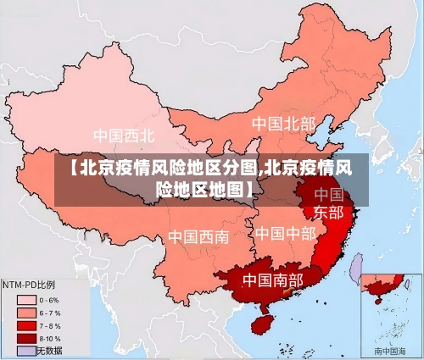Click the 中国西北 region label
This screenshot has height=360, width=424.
(124, 135)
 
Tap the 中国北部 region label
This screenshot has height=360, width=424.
(283, 124)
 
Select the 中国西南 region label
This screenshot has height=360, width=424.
(198, 236)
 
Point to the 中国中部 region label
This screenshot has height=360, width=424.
(285, 232)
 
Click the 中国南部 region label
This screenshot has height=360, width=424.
(272, 279)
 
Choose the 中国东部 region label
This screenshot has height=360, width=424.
(328, 203)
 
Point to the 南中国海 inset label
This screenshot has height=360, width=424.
(391, 350)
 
